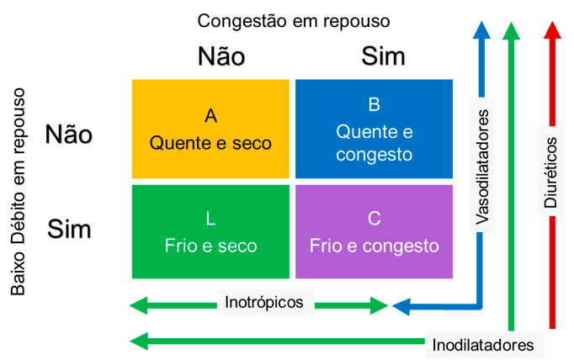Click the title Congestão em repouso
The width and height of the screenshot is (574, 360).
294,21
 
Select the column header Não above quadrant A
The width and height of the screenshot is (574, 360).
221,56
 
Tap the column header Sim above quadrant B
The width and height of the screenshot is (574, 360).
383,56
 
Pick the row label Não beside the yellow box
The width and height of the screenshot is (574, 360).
68,135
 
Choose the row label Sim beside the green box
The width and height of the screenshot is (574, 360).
69,230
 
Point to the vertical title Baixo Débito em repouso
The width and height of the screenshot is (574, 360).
18,191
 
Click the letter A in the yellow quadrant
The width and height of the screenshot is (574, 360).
211,116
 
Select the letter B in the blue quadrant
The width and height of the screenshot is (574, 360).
375,104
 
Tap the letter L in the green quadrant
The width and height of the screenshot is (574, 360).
210,219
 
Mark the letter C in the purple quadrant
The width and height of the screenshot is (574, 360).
375,219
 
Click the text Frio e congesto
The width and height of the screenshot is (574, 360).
375,246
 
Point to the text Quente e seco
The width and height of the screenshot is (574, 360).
210,143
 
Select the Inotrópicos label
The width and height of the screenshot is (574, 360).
264,302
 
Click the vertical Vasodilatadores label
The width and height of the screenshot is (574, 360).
481,167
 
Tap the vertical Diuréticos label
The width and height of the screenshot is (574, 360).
550,172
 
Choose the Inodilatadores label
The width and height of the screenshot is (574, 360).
483,345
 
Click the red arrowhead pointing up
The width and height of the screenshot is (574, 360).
552,30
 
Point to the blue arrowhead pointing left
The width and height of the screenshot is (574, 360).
401,306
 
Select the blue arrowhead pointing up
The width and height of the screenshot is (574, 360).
481,30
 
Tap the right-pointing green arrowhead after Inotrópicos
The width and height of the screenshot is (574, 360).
379,305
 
